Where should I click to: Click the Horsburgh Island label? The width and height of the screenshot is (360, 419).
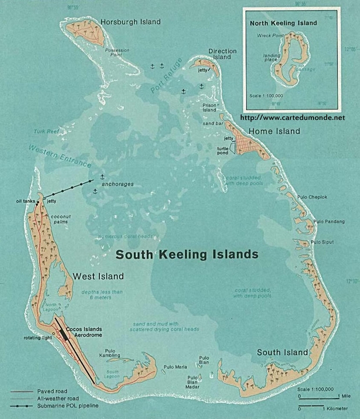point(130,22)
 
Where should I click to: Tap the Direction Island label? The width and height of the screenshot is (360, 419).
point(222,55)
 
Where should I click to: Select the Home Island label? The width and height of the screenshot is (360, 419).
point(274,131)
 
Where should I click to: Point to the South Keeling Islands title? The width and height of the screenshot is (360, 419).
point(186,255)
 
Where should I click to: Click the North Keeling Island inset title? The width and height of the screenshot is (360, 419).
point(283,23)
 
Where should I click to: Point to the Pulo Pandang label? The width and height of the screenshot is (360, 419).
point(329,221)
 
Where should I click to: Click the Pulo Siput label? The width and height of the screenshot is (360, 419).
point(323,242)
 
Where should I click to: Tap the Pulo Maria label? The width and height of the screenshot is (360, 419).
point(175,367)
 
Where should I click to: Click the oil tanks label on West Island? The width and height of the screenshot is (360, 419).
point(27,202)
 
